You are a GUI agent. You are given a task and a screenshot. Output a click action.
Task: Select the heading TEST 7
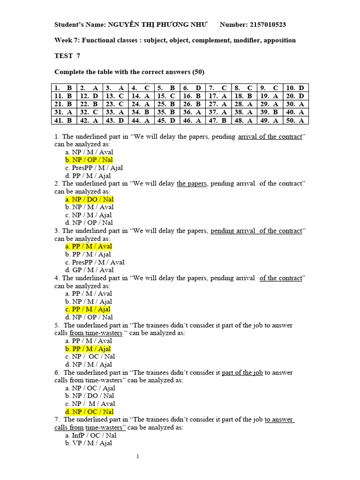click(x=67, y=56)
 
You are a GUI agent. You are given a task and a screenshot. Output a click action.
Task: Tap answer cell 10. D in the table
click(x=295, y=88)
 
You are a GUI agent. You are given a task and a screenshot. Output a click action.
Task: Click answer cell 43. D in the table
click(x=115, y=120)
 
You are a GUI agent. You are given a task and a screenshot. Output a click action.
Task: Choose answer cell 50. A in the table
click(x=295, y=120)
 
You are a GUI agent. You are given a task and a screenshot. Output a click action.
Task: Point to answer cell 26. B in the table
click(x=192, y=104)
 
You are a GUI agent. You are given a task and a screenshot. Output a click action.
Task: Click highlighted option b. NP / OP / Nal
click(x=89, y=160)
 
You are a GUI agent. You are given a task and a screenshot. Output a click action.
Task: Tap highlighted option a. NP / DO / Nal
click(x=90, y=199)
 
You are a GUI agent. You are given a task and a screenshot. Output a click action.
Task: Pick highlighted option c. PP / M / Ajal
click(x=88, y=309)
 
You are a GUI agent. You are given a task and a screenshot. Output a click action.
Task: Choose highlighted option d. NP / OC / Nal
click(x=90, y=412)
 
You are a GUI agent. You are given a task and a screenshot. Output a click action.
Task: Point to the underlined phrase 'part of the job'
click(x=242, y=373)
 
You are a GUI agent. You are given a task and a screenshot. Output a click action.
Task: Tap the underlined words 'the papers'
click(x=191, y=183)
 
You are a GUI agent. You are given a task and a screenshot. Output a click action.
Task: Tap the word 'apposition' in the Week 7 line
click(x=279, y=40)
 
